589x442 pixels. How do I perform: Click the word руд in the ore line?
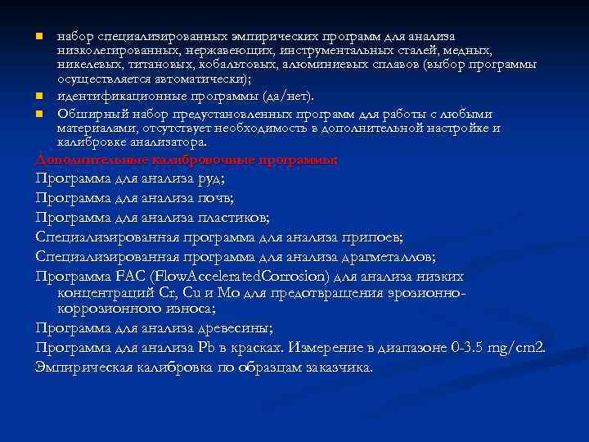click(x=211, y=178)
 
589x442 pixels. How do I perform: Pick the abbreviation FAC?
click(x=136, y=276)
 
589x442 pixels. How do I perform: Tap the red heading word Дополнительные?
click(x=90, y=159)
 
